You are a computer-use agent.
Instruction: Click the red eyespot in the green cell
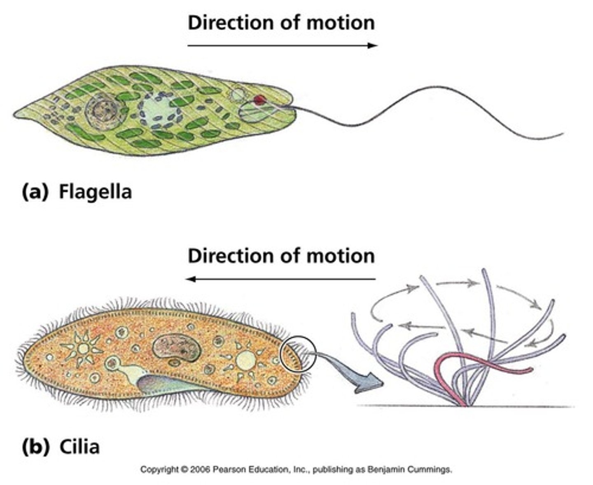click(259, 100)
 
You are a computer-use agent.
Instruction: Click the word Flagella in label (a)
click(95, 192)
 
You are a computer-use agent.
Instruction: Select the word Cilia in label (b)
click(79, 446)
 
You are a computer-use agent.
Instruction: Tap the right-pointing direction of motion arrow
click(282, 45)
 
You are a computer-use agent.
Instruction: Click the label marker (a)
click(34, 192)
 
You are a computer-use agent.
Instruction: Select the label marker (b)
click(34, 446)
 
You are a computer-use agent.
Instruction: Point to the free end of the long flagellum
click(562, 134)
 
